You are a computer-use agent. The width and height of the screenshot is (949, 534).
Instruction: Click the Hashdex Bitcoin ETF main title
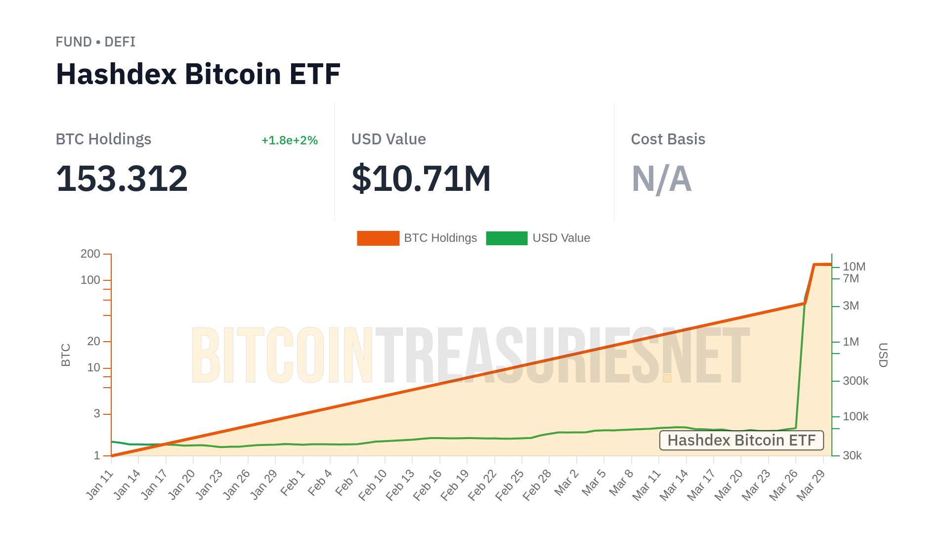coord(198,74)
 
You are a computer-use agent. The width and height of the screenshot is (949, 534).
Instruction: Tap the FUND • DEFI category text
coord(95,42)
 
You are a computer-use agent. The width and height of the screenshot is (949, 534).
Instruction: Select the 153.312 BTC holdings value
coord(122,178)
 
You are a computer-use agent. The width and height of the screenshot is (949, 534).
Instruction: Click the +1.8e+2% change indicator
coord(289,140)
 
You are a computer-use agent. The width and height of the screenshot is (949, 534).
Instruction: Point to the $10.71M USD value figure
coord(421,178)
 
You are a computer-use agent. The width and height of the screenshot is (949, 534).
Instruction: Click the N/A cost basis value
coord(661,178)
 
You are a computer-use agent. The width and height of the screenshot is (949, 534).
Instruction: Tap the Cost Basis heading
coord(668,139)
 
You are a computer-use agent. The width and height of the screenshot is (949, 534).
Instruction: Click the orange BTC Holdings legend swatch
coord(378,238)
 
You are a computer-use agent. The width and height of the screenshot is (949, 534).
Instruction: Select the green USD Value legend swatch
coord(507,238)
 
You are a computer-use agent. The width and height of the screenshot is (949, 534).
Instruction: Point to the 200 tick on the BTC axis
coord(90,254)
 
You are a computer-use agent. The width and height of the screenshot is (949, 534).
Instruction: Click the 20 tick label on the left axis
coord(93,342)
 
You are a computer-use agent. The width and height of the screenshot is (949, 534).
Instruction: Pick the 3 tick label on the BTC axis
coord(97,414)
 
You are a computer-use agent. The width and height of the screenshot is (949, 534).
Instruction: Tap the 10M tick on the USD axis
coord(854,267)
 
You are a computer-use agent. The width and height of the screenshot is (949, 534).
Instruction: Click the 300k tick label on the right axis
coord(855,381)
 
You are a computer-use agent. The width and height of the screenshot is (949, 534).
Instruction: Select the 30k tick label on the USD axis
coord(852,456)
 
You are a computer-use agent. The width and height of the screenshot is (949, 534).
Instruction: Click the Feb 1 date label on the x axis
coord(293,484)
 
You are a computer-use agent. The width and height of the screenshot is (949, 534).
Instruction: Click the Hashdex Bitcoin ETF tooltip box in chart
coord(741,441)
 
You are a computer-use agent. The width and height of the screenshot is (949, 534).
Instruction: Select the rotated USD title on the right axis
coord(883,355)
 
